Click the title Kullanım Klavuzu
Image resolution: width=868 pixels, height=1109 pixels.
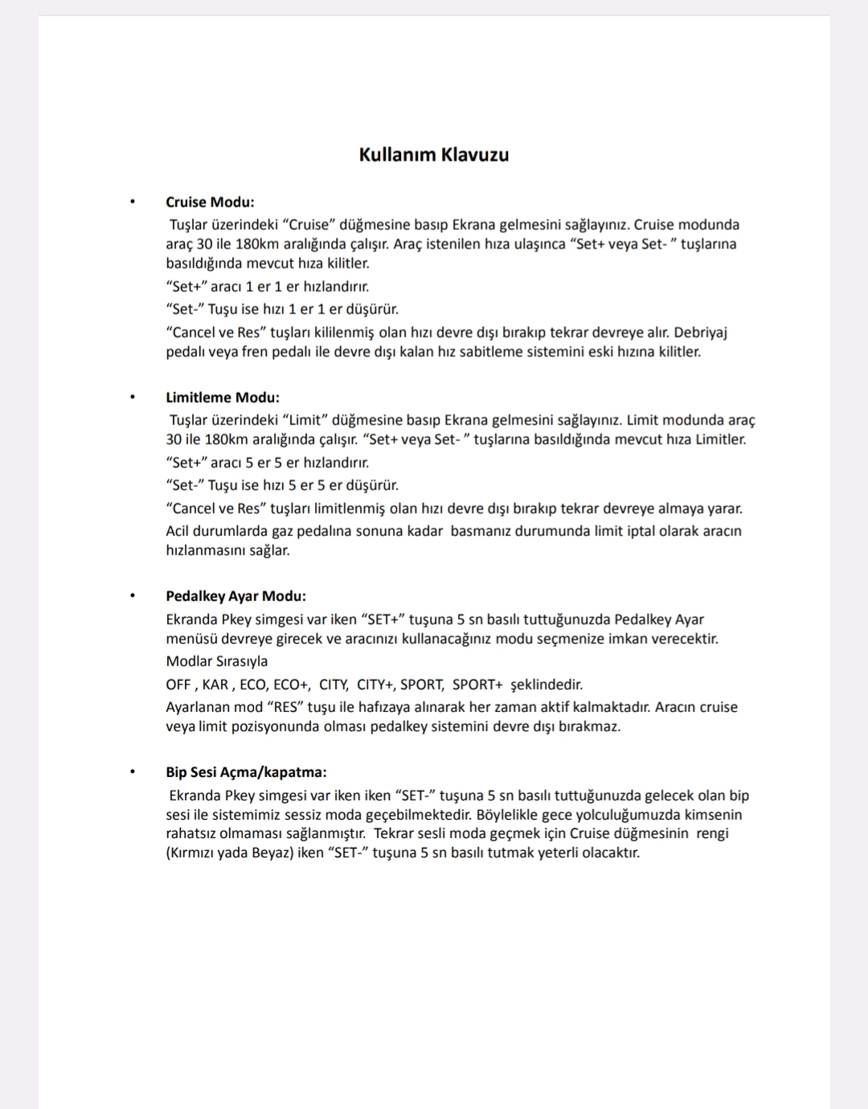[x=434, y=154]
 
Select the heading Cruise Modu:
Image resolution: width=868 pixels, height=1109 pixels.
[x=210, y=202]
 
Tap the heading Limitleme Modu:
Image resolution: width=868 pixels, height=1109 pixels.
[x=223, y=397]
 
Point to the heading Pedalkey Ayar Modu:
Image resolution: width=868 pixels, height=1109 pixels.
[x=235, y=596]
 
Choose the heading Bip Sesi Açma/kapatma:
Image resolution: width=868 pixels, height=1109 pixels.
[x=246, y=772]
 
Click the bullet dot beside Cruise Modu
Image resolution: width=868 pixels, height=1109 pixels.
[x=132, y=203]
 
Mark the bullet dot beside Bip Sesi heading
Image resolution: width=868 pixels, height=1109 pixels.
[x=132, y=772]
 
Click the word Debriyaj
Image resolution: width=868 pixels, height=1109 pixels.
[x=700, y=333]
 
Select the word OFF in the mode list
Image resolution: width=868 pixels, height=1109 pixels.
[x=178, y=685]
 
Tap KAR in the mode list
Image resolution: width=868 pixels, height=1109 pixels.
[x=215, y=685]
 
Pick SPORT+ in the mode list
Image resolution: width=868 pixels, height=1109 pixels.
[x=477, y=685]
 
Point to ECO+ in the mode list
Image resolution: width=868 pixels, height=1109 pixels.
[x=291, y=685]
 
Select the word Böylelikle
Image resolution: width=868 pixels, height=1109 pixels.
[x=512, y=815]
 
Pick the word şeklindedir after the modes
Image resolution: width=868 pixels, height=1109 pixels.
[x=547, y=685]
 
